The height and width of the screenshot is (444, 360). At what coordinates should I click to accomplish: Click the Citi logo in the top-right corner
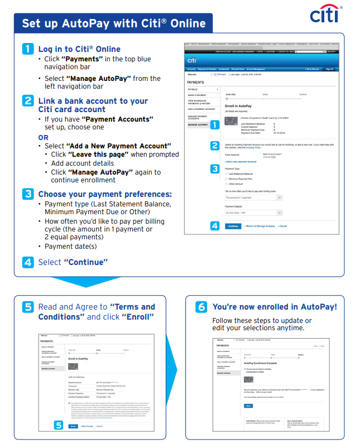pyautogui.click(x=327, y=15)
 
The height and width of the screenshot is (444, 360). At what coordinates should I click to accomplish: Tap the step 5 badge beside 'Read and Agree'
pyautogui.click(x=29, y=307)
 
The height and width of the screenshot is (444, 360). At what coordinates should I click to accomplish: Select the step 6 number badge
pyautogui.click(x=201, y=307)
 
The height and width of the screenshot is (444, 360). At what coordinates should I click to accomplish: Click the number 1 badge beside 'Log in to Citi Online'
pyautogui.click(x=29, y=49)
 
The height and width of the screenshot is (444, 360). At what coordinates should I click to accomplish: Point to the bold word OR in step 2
pyautogui.click(x=43, y=137)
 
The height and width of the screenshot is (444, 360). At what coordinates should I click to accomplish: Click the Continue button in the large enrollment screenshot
pyautogui.click(x=233, y=226)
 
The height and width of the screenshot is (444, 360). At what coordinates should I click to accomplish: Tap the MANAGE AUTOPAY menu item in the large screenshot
pyautogui.click(x=198, y=124)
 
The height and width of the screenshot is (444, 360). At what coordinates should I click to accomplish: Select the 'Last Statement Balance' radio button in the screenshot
pyautogui.click(x=226, y=173)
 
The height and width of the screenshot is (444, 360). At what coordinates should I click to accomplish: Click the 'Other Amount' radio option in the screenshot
pyautogui.click(x=226, y=184)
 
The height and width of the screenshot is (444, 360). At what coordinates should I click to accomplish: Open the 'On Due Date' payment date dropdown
pyautogui.click(x=254, y=213)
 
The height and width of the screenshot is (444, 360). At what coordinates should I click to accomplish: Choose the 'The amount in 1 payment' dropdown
pyautogui.click(x=254, y=197)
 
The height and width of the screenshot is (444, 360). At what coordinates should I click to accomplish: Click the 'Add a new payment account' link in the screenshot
pyautogui.click(x=241, y=161)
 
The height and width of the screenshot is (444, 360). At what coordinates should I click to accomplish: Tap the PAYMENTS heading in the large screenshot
pyautogui.click(x=196, y=82)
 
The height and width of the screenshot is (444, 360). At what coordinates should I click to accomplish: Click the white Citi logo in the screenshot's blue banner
pyautogui.click(x=192, y=60)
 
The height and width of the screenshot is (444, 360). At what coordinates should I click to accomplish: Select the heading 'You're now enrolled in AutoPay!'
pyautogui.click(x=275, y=307)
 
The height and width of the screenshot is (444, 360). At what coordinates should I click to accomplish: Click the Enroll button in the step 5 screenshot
pyautogui.click(x=73, y=426)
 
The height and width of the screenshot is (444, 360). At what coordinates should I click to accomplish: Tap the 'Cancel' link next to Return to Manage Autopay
pyautogui.click(x=283, y=226)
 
